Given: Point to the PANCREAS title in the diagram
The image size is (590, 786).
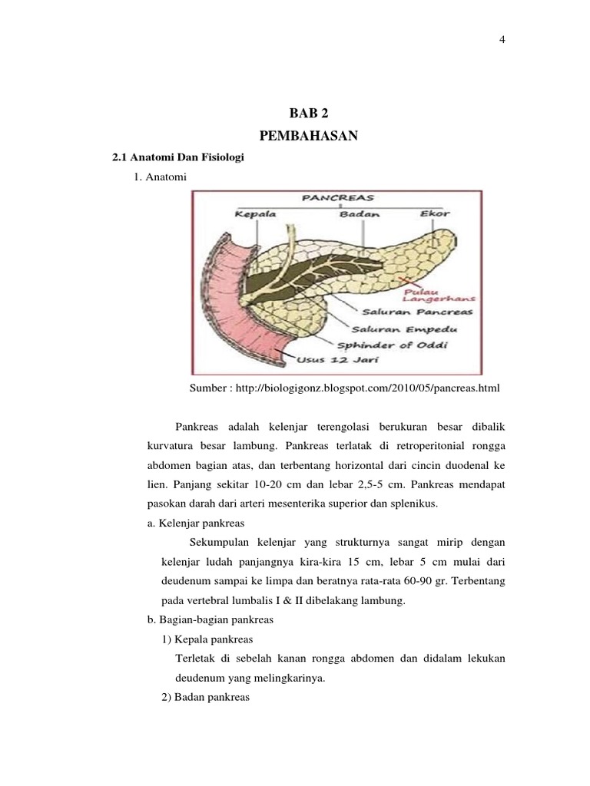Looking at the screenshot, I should click(333, 198).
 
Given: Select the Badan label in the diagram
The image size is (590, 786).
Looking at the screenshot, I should click(360, 214).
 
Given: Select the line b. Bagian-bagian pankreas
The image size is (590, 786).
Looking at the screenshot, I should click(210, 619).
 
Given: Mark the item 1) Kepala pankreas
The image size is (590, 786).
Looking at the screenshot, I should click(207, 639).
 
